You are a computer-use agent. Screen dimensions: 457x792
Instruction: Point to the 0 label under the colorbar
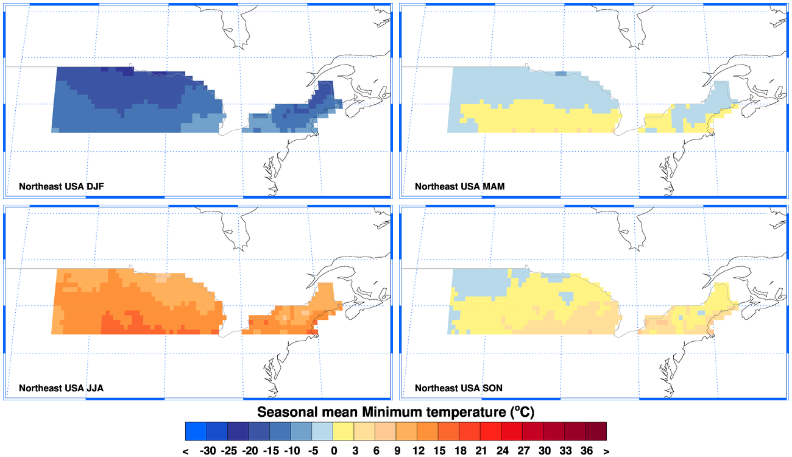[x=333, y=451]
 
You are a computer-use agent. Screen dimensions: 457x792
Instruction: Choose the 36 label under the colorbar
[x=586, y=451]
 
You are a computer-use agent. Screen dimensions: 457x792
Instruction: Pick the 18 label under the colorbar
[x=459, y=451]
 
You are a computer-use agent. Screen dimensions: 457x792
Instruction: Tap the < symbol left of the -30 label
[x=185, y=451]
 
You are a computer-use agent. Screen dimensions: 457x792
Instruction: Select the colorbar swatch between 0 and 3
[x=343, y=431]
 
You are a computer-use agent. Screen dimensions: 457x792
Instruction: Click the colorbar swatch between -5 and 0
[x=322, y=431]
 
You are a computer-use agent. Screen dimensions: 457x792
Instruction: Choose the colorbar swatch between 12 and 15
[x=428, y=431]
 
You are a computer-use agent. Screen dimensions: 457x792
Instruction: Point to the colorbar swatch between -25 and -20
[x=238, y=431]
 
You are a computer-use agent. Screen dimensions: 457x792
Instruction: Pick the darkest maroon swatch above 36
[x=596, y=431]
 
